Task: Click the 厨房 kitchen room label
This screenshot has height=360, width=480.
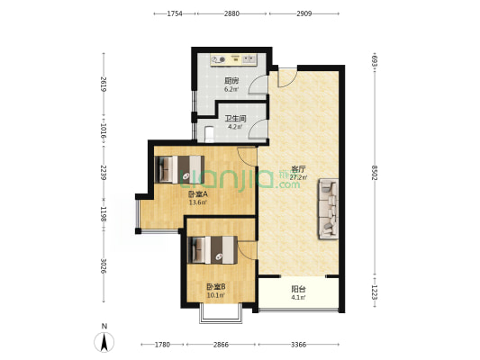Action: pos(231,81)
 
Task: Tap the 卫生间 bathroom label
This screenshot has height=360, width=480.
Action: pos(235,119)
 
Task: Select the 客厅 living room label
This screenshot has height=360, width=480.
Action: pos(298,169)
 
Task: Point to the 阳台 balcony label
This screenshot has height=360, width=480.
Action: pos(298,289)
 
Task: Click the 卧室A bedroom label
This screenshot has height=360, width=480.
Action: pos(198,193)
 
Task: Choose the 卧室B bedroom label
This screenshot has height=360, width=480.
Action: pos(216,287)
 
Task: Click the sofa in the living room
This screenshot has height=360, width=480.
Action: pos(328,209)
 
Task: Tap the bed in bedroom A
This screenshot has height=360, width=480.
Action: pos(179,169)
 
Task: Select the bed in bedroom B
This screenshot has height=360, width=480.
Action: pos(213,249)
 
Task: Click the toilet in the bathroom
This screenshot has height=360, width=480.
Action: pos(210,134)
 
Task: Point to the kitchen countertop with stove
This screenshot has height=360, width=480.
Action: pos(233,59)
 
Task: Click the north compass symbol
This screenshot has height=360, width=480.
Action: pos(104,341)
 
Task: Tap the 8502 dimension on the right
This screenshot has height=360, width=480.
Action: pos(375,173)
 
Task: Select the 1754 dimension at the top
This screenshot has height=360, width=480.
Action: pos(175,13)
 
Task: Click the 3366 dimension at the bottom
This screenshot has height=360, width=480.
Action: pos(298,345)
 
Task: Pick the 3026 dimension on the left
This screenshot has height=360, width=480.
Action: pos(104,266)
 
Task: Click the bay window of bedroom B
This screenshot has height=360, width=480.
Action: pos(221,313)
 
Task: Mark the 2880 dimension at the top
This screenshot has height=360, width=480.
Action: pos(231,13)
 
